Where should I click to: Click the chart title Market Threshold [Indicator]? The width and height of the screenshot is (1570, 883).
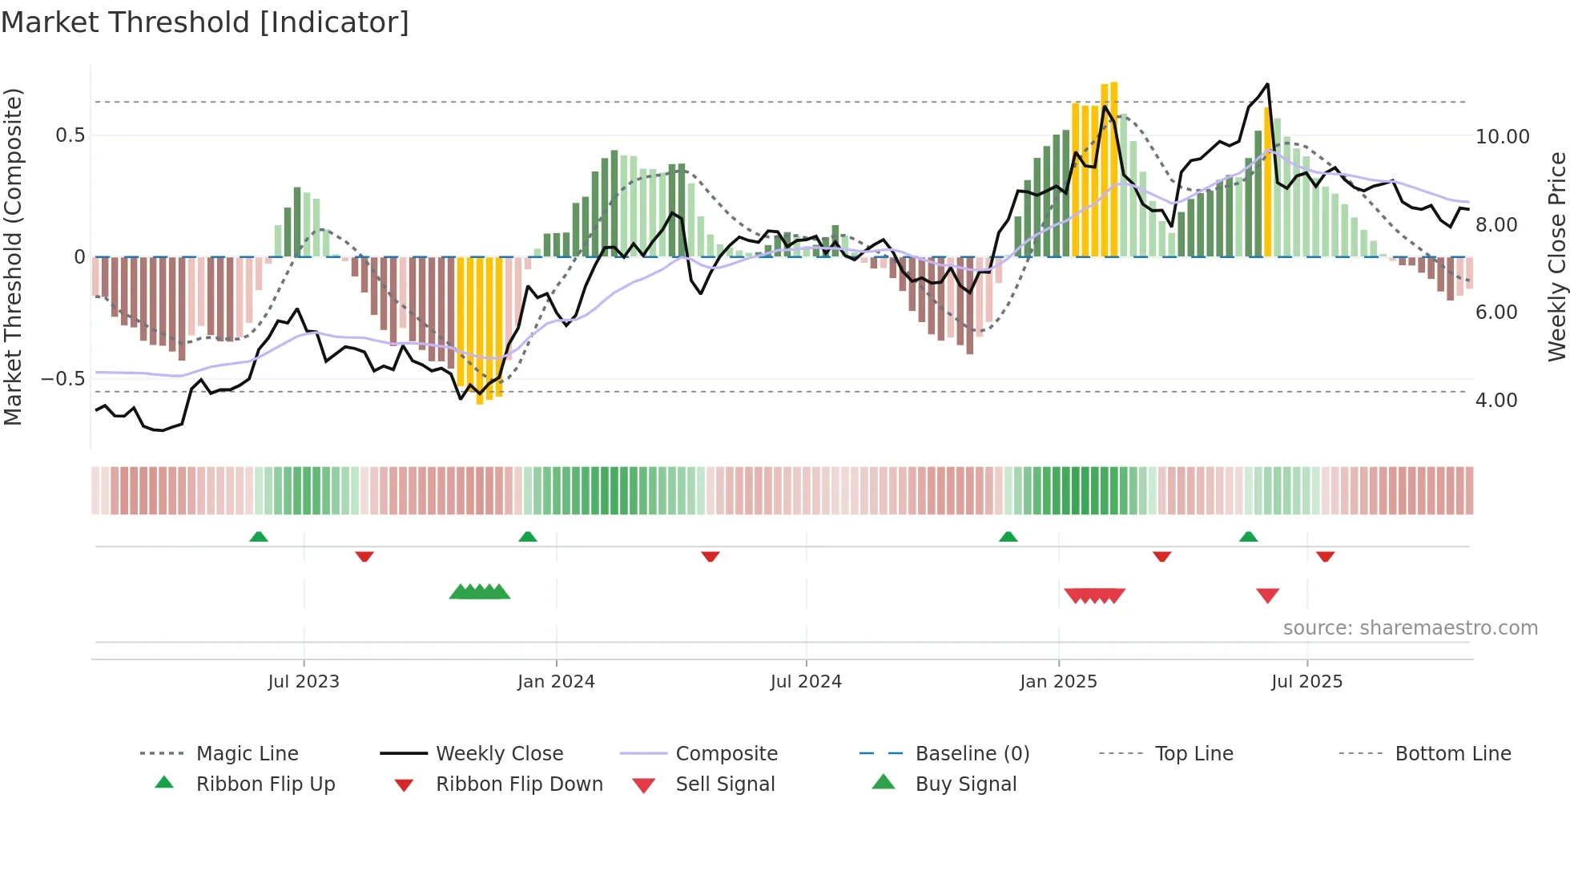coord(205,22)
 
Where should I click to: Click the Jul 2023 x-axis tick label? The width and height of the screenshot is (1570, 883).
coord(304,682)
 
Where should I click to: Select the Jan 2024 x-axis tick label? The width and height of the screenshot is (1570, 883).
coord(556,682)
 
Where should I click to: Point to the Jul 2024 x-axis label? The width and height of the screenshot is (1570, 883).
coord(806,682)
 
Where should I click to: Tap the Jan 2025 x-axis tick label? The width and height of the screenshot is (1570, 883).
coord(1058,682)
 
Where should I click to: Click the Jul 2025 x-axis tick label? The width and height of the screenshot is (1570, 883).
coord(1306,682)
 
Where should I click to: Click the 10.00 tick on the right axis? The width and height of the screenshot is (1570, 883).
coord(1502,137)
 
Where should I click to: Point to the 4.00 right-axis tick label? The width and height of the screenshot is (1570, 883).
coord(1496,401)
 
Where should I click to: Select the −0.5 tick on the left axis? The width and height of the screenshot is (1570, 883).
coord(62,379)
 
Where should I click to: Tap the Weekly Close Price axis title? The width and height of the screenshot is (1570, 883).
coord(1556,256)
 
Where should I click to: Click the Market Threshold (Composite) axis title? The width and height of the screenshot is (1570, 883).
coord(13,256)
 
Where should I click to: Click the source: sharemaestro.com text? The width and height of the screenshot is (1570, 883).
coord(1410,628)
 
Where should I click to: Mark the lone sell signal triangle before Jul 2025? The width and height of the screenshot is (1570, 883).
coord(1267,595)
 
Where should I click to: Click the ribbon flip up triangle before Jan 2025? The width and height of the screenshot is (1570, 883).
coord(1008,537)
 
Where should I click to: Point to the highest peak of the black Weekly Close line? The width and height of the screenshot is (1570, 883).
coord(1267,84)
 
